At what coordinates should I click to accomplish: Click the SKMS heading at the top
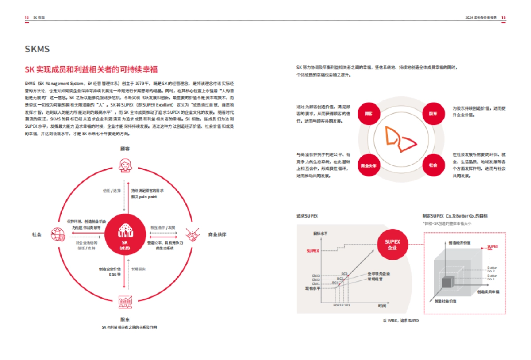tap(37, 49)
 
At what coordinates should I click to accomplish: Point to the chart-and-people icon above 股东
tap(125, 302)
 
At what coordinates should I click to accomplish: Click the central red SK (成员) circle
tap(125, 234)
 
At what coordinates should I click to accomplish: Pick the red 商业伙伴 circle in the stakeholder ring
tap(368, 165)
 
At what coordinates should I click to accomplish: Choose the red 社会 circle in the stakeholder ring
tap(433, 165)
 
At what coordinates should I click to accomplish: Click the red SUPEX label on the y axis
tap(312, 251)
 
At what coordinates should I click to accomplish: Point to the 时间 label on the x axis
tap(382, 306)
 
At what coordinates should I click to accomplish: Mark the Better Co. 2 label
tap(491, 269)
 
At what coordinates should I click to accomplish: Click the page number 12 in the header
tap(27, 18)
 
